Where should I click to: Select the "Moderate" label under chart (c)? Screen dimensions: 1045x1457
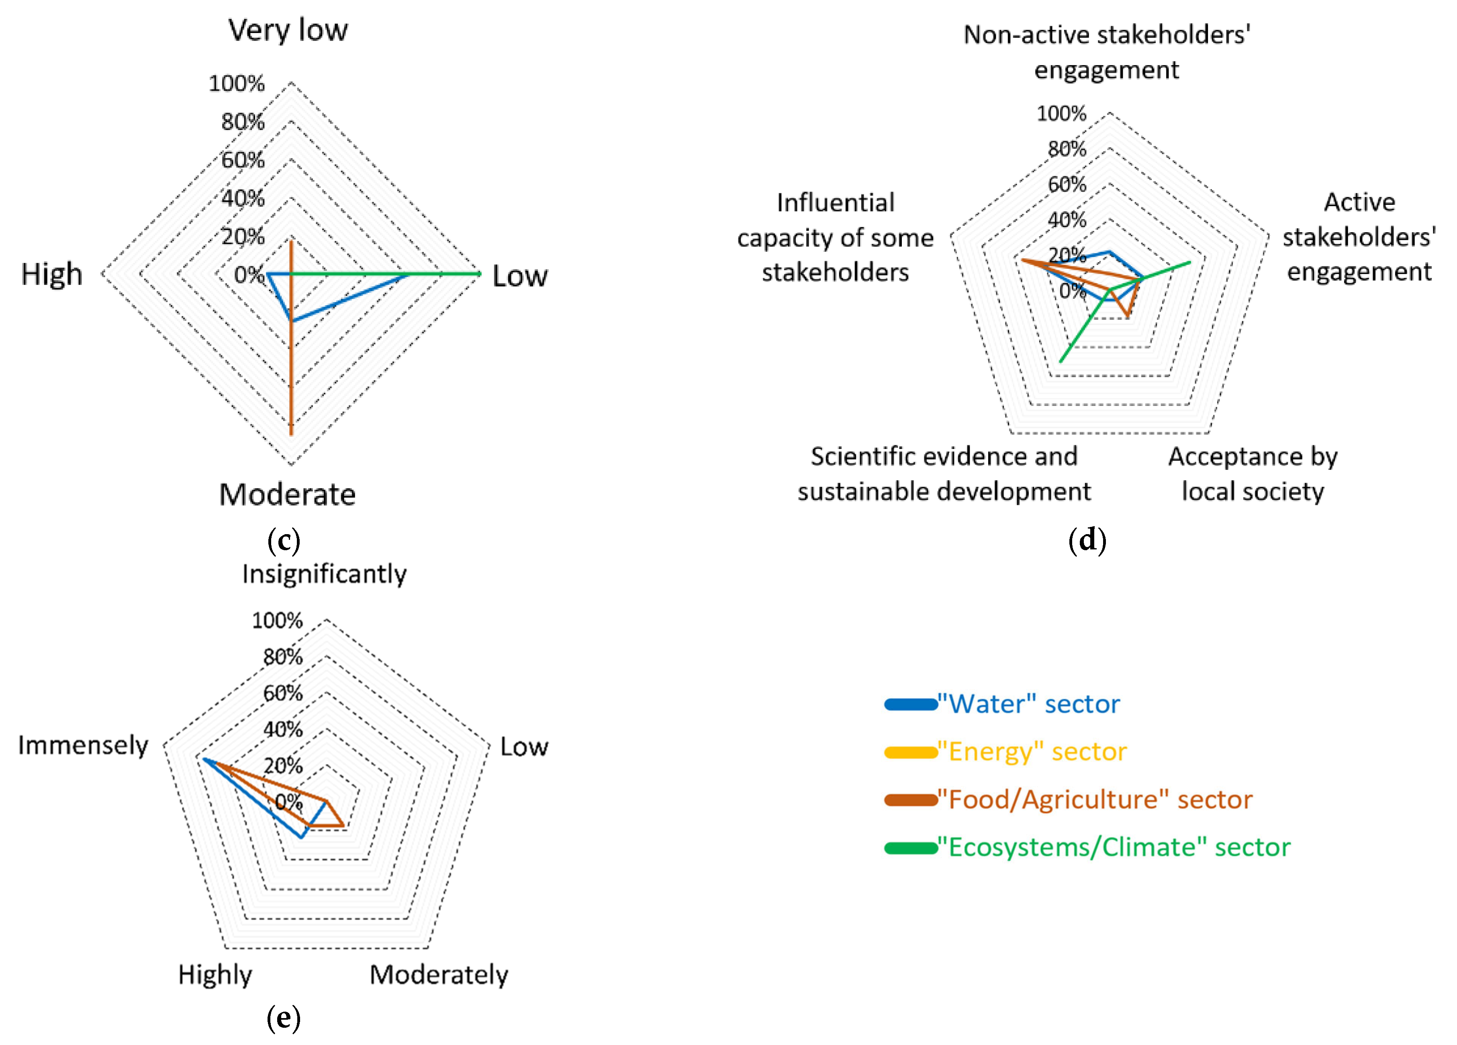(x=287, y=494)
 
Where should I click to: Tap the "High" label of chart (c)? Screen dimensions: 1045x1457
(x=52, y=274)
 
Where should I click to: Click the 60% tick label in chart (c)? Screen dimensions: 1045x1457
(x=243, y=160)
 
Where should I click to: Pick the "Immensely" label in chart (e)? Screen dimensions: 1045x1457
(x=83, y=745)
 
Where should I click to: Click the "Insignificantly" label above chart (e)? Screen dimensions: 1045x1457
(x=325, y=574)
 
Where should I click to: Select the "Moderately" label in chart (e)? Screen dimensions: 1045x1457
(x=439, y=974)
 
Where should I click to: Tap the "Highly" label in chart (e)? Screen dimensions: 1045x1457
(x=215, y=974)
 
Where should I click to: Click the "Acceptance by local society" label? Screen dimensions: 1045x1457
(x=1253, y=474)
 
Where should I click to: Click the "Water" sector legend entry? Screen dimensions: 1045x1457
(x=1028, y=704)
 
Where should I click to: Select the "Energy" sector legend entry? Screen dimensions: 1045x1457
(x=1031, y=751)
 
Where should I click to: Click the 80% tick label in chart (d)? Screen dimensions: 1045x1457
(x=1067, y=149)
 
